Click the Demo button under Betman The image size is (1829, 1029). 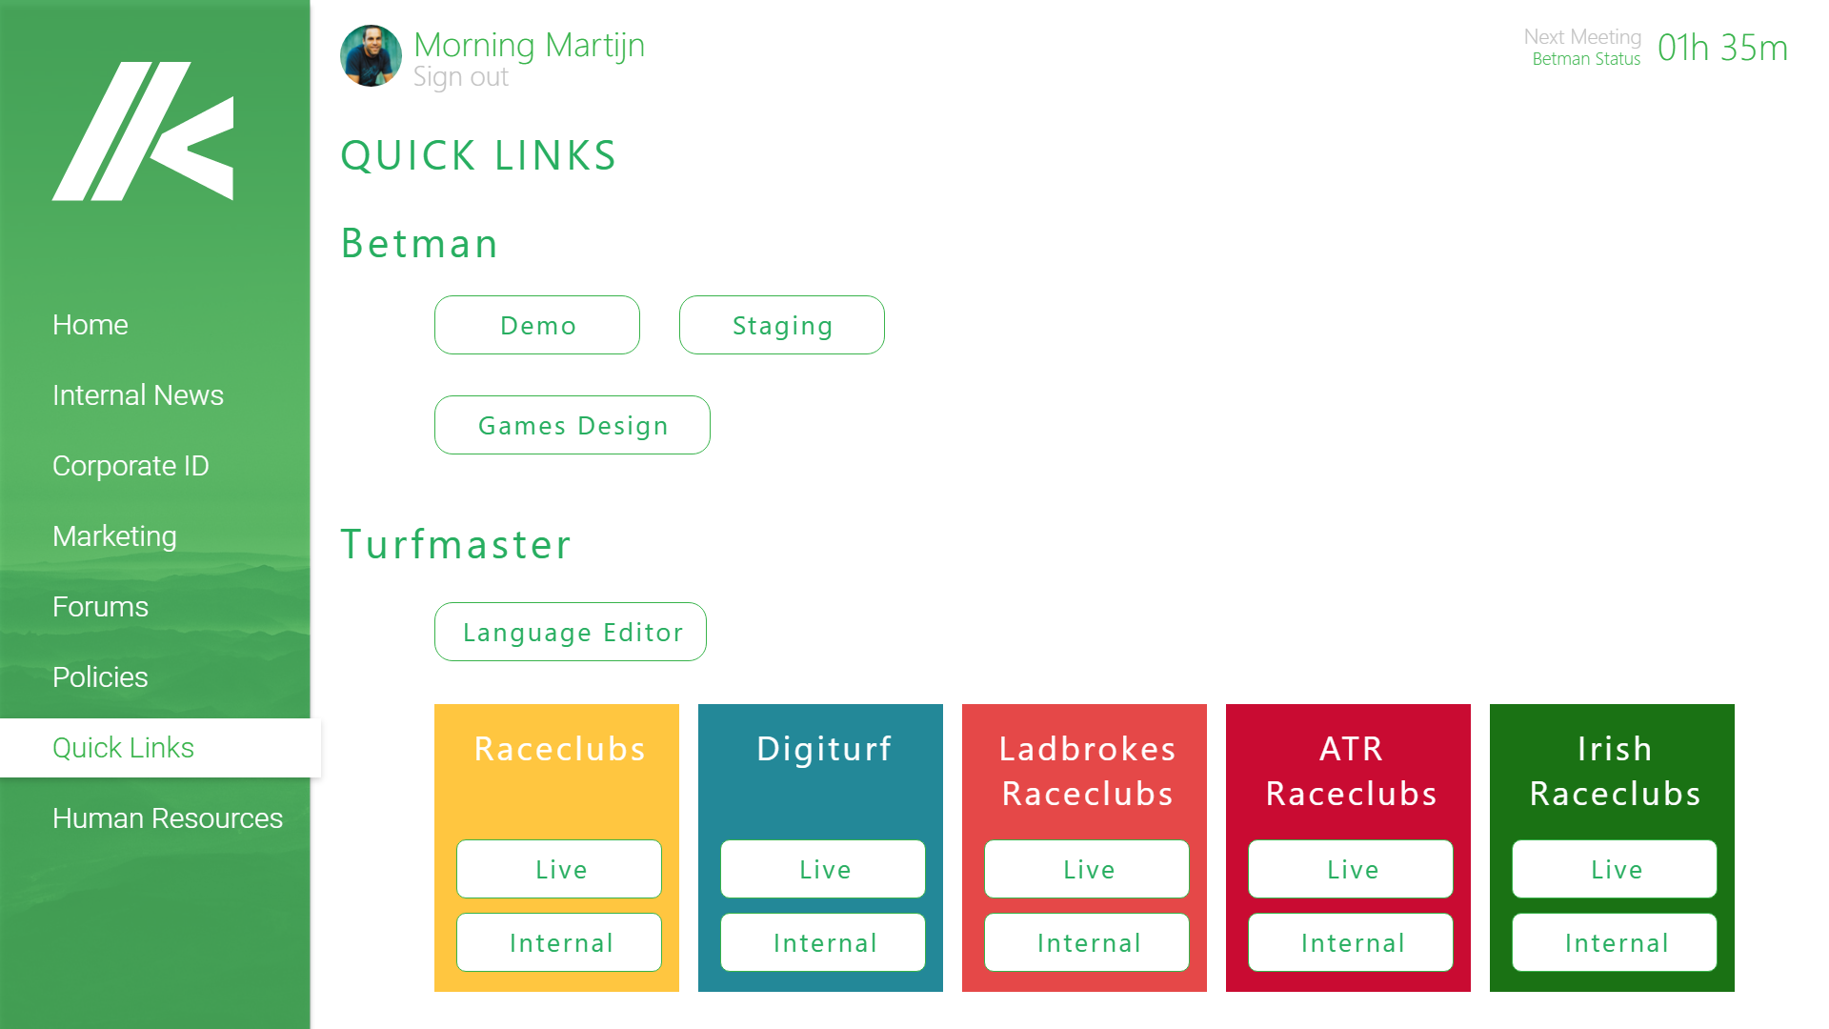537,325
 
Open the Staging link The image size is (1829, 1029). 781,325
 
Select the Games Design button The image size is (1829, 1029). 572,425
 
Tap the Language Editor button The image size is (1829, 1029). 570,632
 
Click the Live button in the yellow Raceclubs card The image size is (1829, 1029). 559,869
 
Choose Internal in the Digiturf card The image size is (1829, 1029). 823,942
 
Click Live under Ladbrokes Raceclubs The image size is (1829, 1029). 1087,869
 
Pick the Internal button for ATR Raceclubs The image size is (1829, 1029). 1351,942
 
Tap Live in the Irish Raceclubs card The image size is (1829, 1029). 1615,869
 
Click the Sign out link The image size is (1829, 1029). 461,77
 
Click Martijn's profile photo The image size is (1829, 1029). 371,56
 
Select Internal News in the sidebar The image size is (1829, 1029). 138,395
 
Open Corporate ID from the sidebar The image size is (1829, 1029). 131,466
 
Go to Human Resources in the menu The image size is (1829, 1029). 168,818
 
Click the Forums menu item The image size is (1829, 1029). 100,607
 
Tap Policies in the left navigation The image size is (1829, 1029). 100,677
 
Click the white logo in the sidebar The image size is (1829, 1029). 143,131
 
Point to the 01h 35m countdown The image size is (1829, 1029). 1722,48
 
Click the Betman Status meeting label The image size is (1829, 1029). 1586,59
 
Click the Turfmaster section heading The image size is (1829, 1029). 456,544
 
